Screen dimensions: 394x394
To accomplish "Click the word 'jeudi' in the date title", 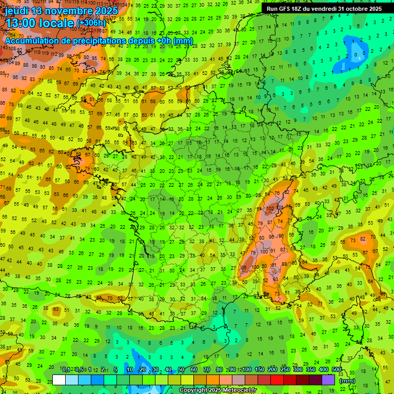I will [x=16, y=11].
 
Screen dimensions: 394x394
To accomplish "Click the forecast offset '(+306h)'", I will [x=91, y=23].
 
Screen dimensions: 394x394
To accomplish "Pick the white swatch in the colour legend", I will [x=59, y=380].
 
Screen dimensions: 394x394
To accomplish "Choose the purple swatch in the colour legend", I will [x=328, y=380].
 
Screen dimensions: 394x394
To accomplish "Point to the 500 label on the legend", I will [x=337, y=370].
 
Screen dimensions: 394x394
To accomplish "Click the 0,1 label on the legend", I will [x=66, y=370].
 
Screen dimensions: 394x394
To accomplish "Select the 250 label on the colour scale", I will [x=285, y=370].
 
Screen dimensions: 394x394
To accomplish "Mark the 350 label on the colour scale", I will [x=311, y=370].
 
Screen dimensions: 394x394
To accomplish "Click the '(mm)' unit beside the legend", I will [x=347, y=381].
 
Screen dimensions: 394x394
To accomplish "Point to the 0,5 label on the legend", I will [x=78, y=370].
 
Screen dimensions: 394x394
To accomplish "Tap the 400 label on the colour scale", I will [x=324, y=370].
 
